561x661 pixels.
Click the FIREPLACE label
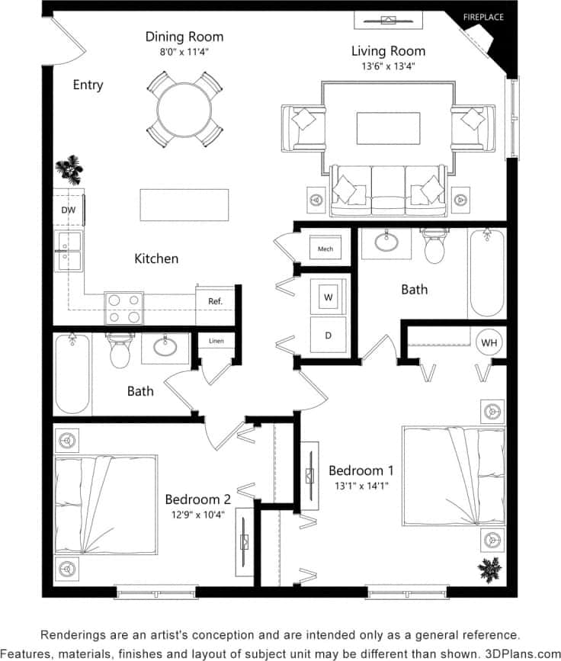(483, 17)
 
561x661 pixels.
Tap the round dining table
(184, 109)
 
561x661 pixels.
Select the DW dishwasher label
(69, 209)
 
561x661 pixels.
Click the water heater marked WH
(489, 343)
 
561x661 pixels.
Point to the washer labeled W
(329, 297)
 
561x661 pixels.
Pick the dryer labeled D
(329, 335)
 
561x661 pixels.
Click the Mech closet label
(325, 249)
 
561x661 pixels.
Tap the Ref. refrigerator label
(215, 301)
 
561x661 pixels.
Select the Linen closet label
(216, 341)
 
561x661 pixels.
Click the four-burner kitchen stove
(124, 308)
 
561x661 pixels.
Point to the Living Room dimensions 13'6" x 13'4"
(388, 67)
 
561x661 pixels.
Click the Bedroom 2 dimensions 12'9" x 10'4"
(197, 515)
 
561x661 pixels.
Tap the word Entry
(88, 85)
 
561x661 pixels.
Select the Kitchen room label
(156, 258)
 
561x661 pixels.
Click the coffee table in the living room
(388, 127)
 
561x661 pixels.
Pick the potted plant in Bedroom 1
(488, 569)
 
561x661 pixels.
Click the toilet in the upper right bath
(434, 246)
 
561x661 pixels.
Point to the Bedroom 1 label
(361, 470)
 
